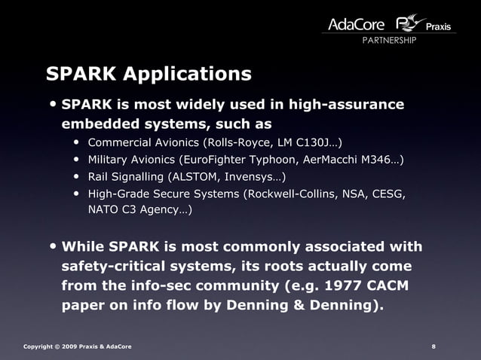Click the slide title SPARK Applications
(149, 74)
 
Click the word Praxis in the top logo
(438, 27)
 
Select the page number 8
(434, 346)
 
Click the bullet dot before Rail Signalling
(78, 178)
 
